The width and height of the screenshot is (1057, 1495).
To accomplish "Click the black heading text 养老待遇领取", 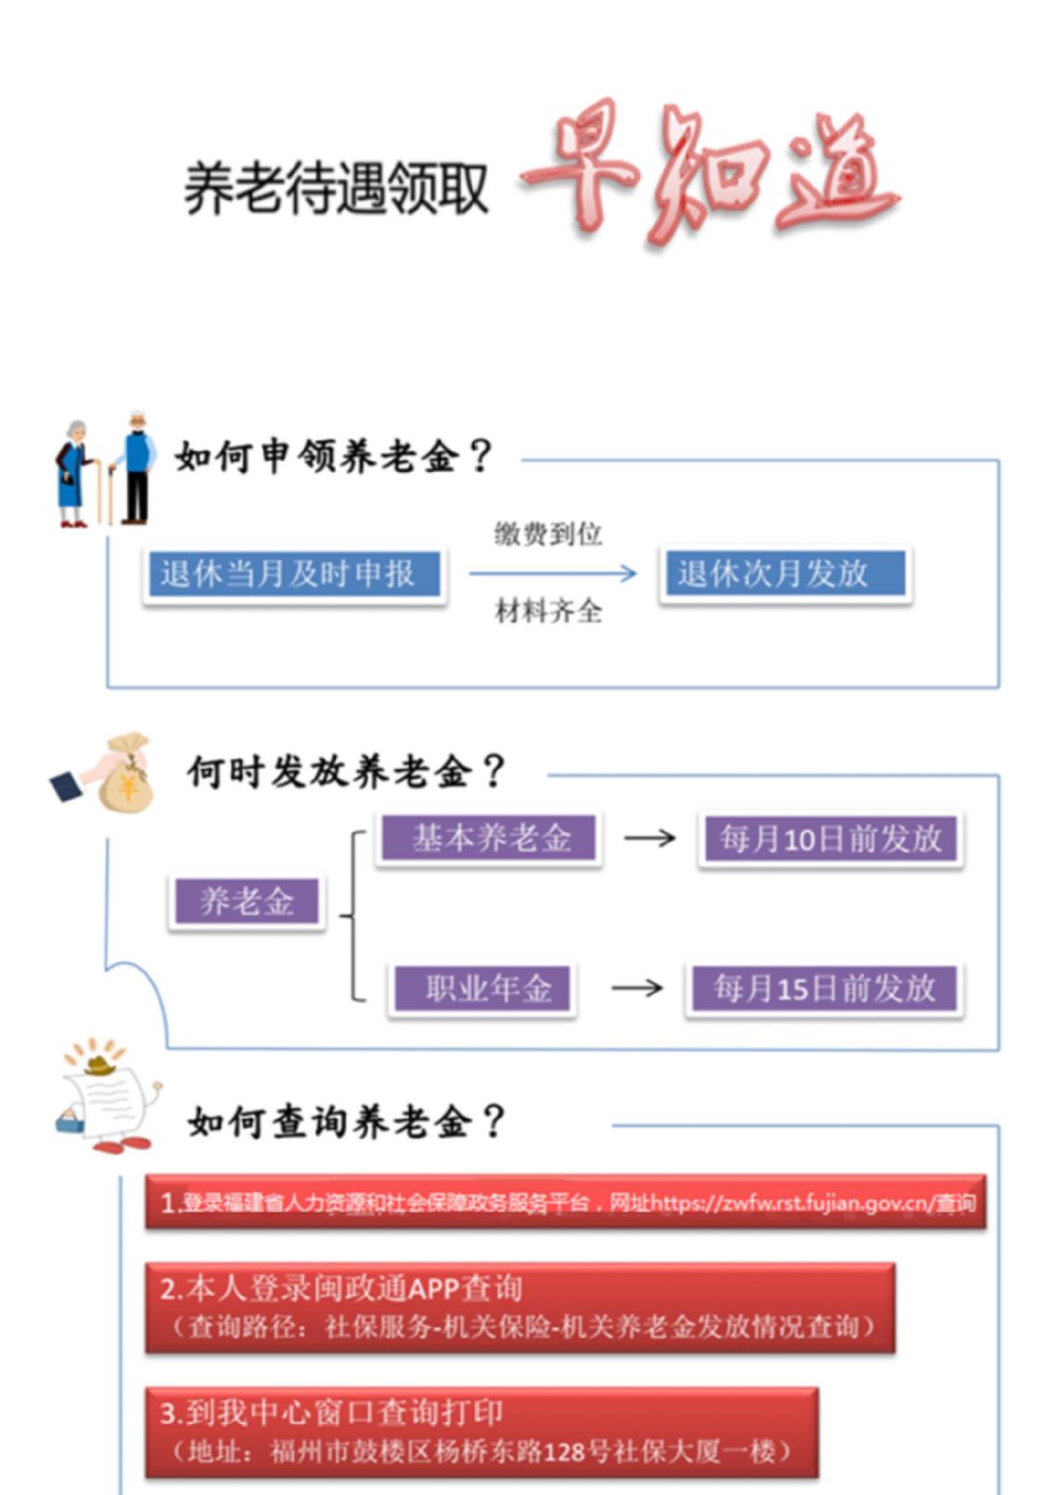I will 336,188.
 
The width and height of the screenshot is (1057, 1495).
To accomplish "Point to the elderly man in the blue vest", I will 135,466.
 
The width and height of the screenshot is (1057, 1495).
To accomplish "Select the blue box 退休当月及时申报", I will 293,575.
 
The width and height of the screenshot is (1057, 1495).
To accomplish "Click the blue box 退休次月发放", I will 784,574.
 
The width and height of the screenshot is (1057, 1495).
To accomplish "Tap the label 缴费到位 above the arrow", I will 548,534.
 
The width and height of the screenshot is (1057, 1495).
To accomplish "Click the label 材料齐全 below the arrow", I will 548,611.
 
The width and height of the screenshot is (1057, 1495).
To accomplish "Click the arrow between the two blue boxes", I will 552,573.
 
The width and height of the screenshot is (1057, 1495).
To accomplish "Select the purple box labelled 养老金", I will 247,901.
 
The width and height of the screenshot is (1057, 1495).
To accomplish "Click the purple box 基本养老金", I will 490,838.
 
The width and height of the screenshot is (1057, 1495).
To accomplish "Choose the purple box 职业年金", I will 482,989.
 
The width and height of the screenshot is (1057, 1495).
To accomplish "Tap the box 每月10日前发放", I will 830,838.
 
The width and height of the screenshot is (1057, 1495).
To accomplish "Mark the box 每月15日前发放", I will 824,989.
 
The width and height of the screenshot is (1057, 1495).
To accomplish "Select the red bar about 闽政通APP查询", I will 520,1308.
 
